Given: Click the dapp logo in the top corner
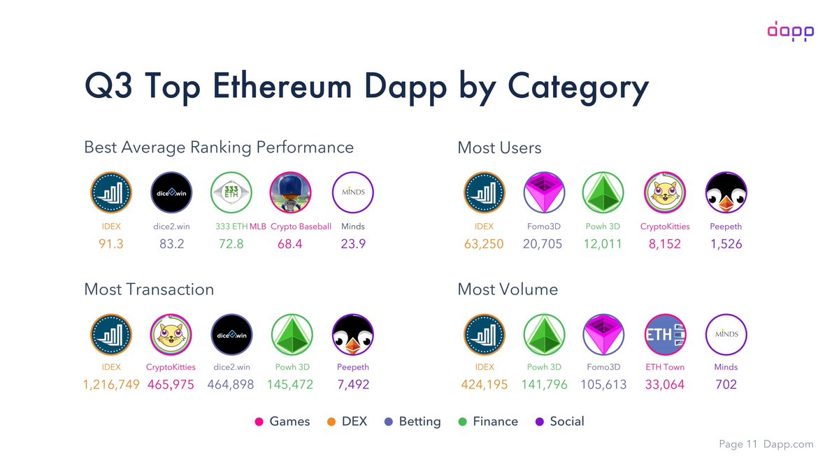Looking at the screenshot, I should (x=790, y=31).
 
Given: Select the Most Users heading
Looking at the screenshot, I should (x=499, y=148).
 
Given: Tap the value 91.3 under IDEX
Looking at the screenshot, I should (x=110, y=244).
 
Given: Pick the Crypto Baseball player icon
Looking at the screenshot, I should (x=291, y=192).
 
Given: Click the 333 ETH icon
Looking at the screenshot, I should (x=231, y=192).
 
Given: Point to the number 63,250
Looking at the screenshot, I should (x=484, y=244).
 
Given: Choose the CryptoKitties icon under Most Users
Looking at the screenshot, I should (x=664, y=192).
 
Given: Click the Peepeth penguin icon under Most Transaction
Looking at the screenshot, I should (x=352, y=335).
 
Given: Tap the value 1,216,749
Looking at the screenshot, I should (x=110, y=384).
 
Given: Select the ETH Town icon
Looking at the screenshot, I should (x=664, y=335).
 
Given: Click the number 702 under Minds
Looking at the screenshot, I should (x=726, y=384).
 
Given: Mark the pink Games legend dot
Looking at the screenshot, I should (x=259, y=422).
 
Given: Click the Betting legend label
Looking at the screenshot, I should (x=419, y=421).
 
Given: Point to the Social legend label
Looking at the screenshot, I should (x=567, y=421).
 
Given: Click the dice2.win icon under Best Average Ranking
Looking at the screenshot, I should (x=172, y=192).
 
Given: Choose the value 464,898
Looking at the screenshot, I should (x=231, y=384).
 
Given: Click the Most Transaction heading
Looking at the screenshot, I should (x=149, y=289).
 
